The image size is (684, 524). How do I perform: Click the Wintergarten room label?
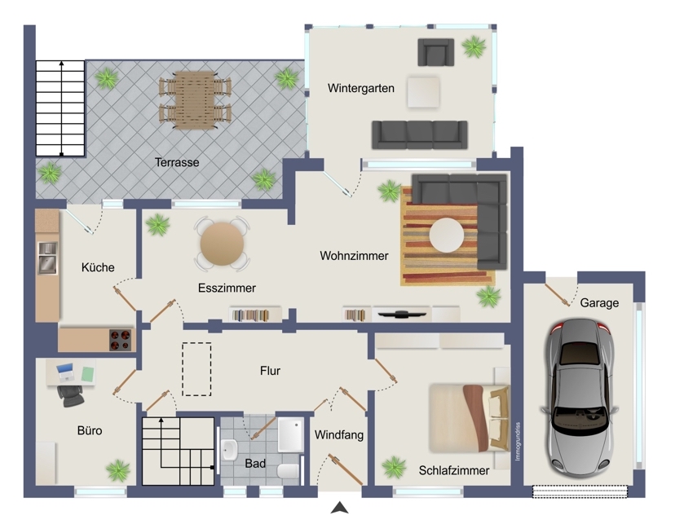(361, 88)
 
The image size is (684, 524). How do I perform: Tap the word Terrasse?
(177, 162)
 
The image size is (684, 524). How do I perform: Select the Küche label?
(98, 267)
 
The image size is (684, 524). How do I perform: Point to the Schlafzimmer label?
(453, 470)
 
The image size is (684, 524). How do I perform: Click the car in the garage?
(579, 398)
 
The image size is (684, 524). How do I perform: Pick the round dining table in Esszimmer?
(222, 244)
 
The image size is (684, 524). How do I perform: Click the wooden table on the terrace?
(195, 100)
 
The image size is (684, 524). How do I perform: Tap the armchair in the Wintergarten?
(436, 52)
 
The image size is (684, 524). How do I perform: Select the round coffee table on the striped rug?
(446, 235)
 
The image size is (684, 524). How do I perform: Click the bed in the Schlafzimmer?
(470, 418)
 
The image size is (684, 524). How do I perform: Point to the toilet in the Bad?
(289, 471)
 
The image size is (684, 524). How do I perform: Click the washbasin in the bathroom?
(229, 450)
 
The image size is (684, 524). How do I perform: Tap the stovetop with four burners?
(121, 341)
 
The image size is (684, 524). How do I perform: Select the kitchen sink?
(47, 258)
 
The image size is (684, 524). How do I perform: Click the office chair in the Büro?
(70, 396)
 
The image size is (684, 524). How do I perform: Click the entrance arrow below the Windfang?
(339, 508)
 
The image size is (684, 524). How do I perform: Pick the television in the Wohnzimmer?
(402, 314)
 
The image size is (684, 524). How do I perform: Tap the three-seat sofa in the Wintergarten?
(420, 135)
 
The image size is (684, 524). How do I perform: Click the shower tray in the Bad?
(290, 435)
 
